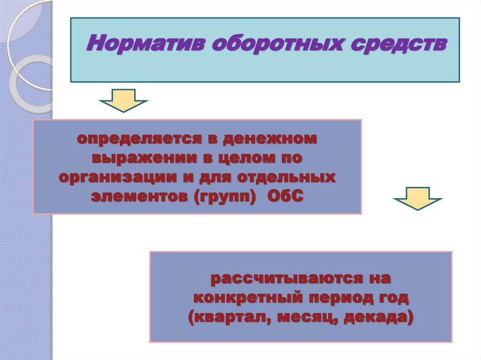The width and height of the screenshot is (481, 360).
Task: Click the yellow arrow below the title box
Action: [x=124, y=100]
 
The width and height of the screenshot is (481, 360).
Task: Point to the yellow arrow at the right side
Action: [x=417, y=199]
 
